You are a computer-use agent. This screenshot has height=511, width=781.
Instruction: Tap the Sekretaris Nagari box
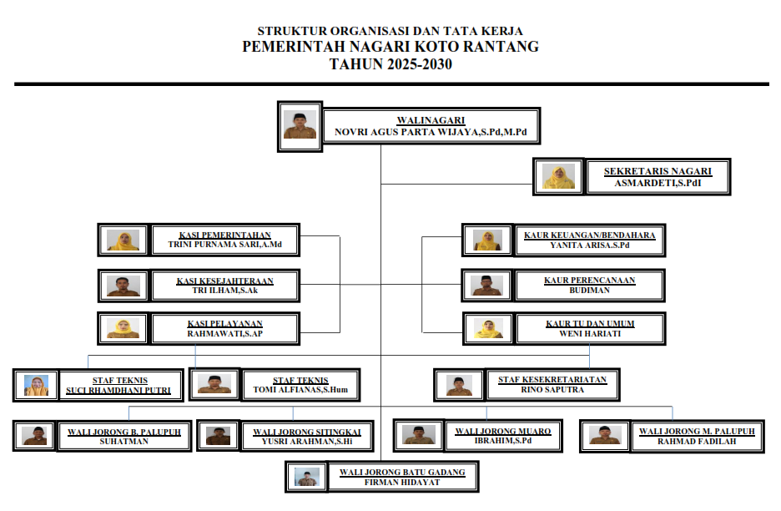(658, 176)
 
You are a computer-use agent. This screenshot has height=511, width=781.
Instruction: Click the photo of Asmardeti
(558, 176)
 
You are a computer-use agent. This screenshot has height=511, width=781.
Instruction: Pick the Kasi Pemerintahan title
(224, 235)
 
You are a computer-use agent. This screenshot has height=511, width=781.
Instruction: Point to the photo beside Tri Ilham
(123, 286)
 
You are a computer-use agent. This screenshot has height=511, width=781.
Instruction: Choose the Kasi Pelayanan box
(224, 328)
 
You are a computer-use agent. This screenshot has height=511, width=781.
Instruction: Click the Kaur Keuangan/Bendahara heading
(589, 235)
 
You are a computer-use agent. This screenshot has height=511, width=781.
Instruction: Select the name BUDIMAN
(589, 291)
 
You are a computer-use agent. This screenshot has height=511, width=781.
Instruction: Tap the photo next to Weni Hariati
(488, 328)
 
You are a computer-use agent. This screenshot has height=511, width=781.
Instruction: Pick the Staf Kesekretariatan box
(552, 384)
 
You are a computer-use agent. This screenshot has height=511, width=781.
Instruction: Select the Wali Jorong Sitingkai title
(306, 432)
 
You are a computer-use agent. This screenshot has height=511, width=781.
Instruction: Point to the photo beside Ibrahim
(417, 434)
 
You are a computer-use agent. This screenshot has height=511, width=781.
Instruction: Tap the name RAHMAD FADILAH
(697, 441)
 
